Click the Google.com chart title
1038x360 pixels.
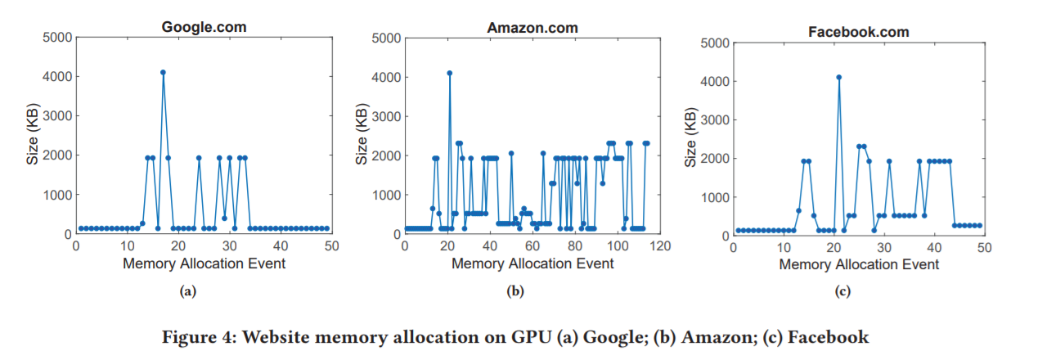coord(204,27)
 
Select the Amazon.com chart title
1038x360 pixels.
coord(532,27)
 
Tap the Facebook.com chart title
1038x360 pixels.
coord(858,33)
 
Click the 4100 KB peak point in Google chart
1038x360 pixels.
coord(163,72)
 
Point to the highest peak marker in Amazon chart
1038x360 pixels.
coord(449,73)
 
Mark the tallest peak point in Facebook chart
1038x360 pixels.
coord(838,77)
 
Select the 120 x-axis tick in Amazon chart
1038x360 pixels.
coord(659,245)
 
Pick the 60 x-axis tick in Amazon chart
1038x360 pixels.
coord(532,245)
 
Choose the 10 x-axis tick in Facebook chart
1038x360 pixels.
coord(783,247)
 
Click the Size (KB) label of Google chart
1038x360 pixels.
coord(33,135)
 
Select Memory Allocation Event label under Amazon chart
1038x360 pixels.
coord(532,263)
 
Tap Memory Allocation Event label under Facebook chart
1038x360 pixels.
coord(859,264)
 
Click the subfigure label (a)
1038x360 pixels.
coord(189,291)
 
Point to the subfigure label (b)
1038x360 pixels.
coord(515,291)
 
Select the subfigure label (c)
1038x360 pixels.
coord(843,291)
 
